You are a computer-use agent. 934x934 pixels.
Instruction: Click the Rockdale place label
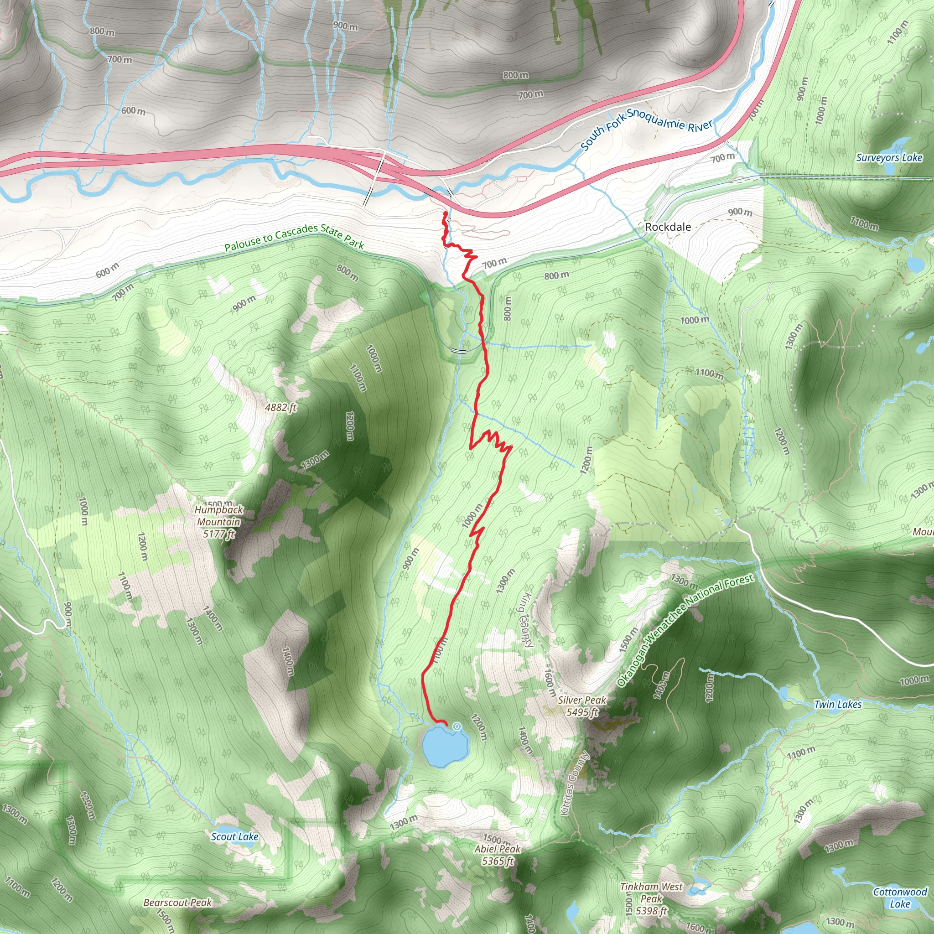(668, 227)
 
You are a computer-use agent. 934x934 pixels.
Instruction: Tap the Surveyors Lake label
(889, 158)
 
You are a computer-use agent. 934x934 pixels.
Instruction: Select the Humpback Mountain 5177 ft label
(218, 522)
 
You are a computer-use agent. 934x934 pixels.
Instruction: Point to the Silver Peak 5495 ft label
(581, 706)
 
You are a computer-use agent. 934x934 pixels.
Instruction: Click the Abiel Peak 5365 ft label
(497, 855)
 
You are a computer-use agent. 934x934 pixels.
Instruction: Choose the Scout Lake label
(234, 837)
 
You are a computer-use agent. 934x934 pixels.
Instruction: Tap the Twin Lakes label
(838, 704)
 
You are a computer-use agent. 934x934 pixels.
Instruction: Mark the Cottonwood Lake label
(900, 898)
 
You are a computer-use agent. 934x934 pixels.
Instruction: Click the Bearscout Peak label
(177, 903)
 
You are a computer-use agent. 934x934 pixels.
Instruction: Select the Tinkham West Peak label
(651, 899)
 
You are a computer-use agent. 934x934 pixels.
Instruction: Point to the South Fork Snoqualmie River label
(646, 128)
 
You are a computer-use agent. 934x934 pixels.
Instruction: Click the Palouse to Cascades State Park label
(294, 237)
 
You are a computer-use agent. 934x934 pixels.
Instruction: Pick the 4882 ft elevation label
(280, 408)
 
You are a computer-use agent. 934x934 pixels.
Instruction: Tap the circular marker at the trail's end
(457, 726)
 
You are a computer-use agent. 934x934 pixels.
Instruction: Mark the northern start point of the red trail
(445, 213)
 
